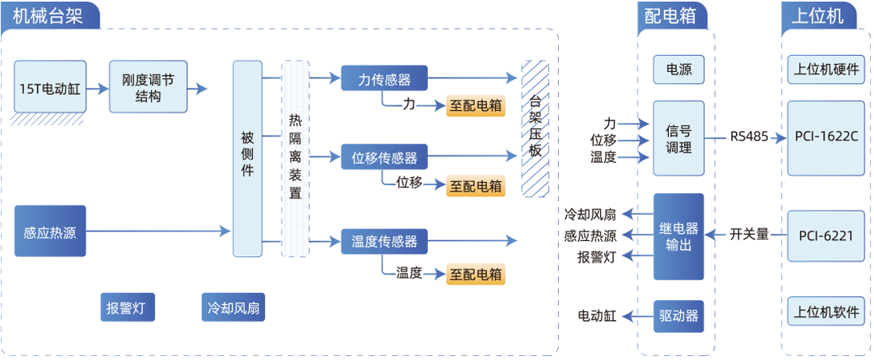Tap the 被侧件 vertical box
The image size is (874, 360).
point(247,158)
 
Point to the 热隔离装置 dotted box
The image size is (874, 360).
point(295,158)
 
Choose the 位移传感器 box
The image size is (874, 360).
point(384,156)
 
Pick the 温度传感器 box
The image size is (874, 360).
point(384,240)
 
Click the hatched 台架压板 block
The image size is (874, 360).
point(535,128)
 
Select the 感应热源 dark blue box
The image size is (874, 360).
point(49,231)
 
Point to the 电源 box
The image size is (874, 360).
point(678,69)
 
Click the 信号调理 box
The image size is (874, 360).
point(678,138)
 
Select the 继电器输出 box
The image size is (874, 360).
point(678,236)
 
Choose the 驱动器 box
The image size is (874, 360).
point(678,316)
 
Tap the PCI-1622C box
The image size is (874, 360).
point(826,137)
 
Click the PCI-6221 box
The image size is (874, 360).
point(826,235)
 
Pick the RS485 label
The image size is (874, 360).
point(749,136)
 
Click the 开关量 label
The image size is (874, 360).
point(749,235)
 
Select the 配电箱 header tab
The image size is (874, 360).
point(670,16)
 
